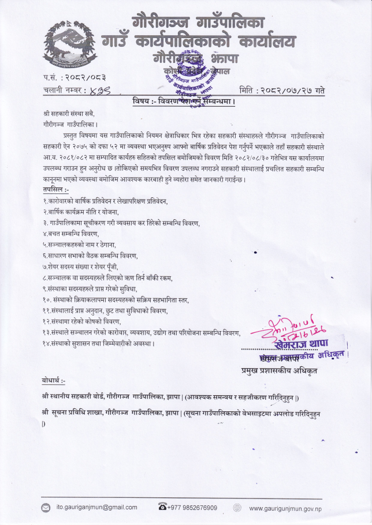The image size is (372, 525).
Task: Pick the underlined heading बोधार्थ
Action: pyautogui.click(x=54, y=381)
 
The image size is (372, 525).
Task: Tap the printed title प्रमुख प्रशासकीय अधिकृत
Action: pyautogui.click(x=278, y=371)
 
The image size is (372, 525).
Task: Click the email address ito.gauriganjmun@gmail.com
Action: pyautogui.click(x=96, y=508)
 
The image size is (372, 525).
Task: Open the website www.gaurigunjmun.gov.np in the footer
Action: pyautogui.click(x=285, y=508)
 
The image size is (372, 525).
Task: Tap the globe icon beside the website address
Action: pyautogui.click(x=237, y=508)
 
